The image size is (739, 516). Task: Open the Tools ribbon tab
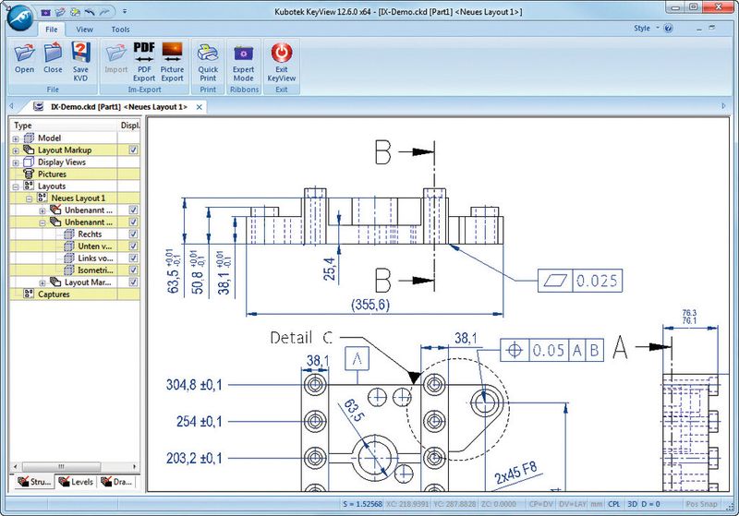[x=120, y=29]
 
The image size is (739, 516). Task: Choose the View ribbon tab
[x=86, y=29]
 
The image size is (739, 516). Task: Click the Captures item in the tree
[x=55, y=294]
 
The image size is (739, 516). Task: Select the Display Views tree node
[x=62, y=162]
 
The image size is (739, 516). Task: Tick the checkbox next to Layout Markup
[x=134, y=150]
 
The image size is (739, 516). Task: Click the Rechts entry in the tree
[x=90, y=234]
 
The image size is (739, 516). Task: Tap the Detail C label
[x=302, y=338]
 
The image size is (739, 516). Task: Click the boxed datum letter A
[x=357, y=356]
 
